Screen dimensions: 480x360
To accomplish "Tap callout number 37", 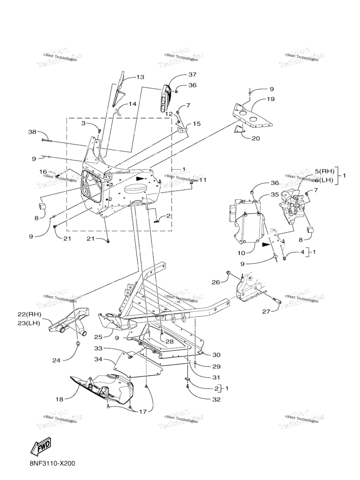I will pos(179,75).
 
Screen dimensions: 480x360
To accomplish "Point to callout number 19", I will pos(271,99).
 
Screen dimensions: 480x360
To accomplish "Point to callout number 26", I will pos(215,282).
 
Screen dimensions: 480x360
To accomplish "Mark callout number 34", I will pos(98,360).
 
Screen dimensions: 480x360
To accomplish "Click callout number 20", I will pos(255,138).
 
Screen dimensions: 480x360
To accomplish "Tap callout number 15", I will pos(196,124).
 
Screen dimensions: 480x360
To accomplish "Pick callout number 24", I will pos(56,360).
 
